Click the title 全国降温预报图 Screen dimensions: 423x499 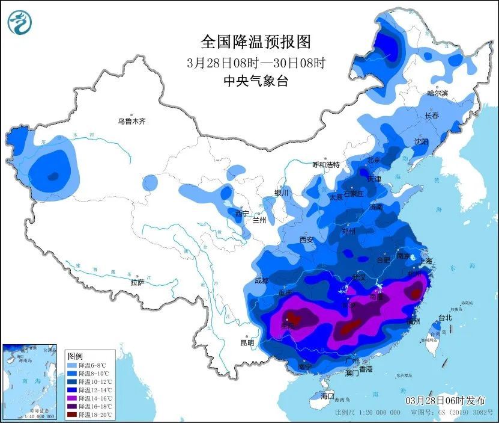click(x=256, y=42)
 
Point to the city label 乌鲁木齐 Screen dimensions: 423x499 click(x=132, y=121)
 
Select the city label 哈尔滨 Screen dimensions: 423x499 click(x=438, y=93)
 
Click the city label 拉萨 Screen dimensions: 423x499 click(x=138, y=282)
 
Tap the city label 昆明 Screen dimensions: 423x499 click(x=247, y=342)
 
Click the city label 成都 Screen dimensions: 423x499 click(x=262, y=280)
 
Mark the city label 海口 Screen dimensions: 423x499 click(x=327, y=397)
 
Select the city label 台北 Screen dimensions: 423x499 click(x=445, y=318)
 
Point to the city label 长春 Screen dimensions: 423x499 click(x=432, y=115)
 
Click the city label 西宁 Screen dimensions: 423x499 click(x=241, y=213)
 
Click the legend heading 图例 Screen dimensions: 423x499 click(x=74, y=356)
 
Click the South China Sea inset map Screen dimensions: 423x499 click(x=30, y=381)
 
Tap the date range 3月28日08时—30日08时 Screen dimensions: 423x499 click(x=256, y=62)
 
